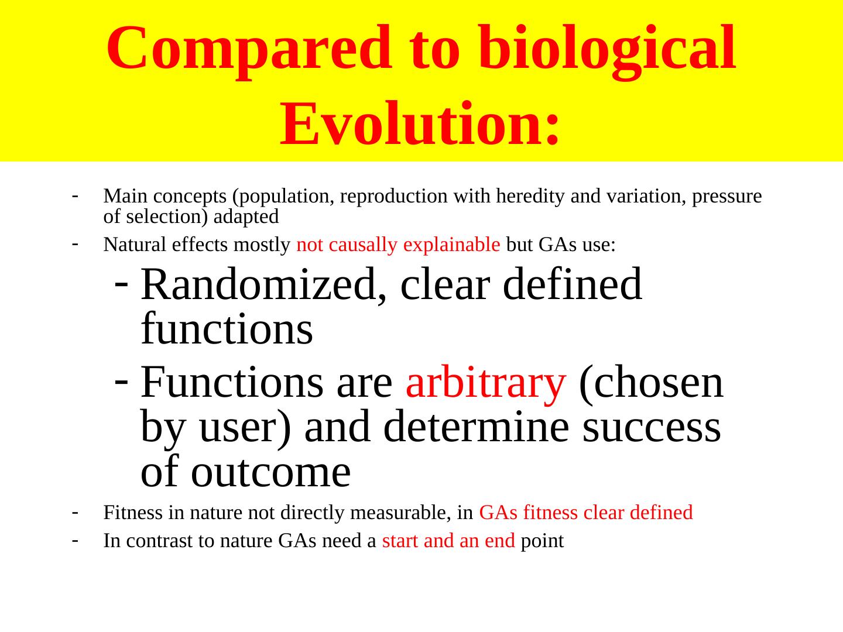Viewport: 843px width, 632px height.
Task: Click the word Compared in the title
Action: pyautogui.click(x=249, y=50)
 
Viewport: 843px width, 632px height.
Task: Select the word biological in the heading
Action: pyautogui.click(x=607, y=50)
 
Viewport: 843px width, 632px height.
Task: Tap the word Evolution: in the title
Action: pyautogui.click(x=420, y=123)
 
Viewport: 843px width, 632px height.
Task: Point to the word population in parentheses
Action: pyautogui.click(x=283, y=197)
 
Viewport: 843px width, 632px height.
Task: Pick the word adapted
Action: pyautogui.click(x=246, y=217)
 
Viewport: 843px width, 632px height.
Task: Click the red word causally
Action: pyautogui.click(x=362, y=245)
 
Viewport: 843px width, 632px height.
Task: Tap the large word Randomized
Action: pyautogui.click(x=263, y=285)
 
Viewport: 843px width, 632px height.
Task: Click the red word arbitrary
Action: pyautogui.click(x=485, y=383)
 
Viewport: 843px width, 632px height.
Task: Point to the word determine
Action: pyautogui.click(x=476, y=427)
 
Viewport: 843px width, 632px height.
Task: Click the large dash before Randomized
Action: pyautogui.click(x=121, y=284)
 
